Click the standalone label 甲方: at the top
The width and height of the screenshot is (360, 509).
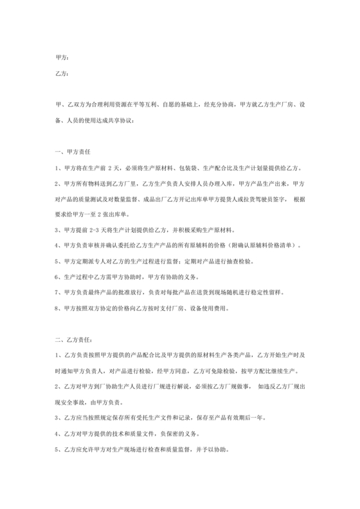click(61, 57)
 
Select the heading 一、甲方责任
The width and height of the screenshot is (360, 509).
click(73, 152)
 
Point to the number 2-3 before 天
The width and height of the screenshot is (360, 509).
click(98, 229)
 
